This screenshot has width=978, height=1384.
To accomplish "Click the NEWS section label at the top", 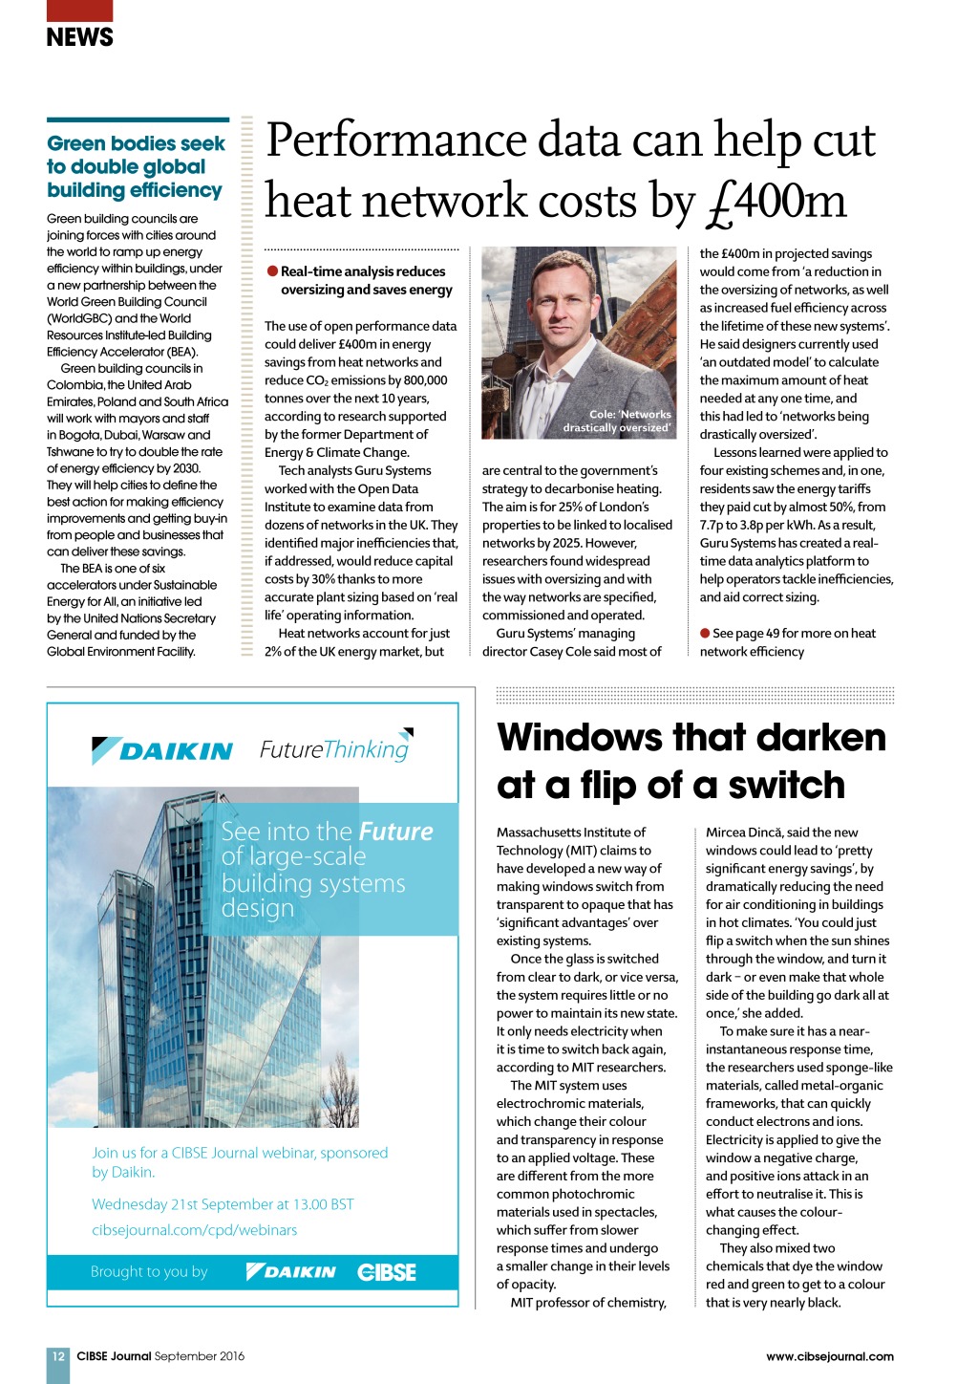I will click(x=79, y=37).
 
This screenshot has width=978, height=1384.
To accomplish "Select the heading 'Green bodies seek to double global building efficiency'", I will click(x=136, y=166).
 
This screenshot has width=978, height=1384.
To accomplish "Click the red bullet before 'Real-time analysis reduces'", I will click(x=272, y=271).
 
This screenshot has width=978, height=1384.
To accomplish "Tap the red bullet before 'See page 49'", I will click(x=705, y=633).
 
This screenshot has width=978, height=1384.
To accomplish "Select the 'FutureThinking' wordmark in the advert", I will click(x=335, y=748).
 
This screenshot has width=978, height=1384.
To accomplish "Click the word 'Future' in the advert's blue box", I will click(x=395, y=832).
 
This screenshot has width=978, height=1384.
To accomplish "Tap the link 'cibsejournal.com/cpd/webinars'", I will click(x=194, y=1230).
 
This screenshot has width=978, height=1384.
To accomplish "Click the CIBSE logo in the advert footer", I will click(x=387, y=1272).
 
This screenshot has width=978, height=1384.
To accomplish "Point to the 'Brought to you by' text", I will click(x=149, y=1272).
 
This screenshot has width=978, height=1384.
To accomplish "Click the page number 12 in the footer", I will click(x=58, y=1356).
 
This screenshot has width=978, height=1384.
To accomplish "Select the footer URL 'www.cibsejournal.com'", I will click(x=829, y=1356).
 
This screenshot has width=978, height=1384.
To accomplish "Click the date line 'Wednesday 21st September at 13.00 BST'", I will click(x=223, y=1204).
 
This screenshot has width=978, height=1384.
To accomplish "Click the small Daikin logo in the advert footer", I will click(x=291, y=1272).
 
